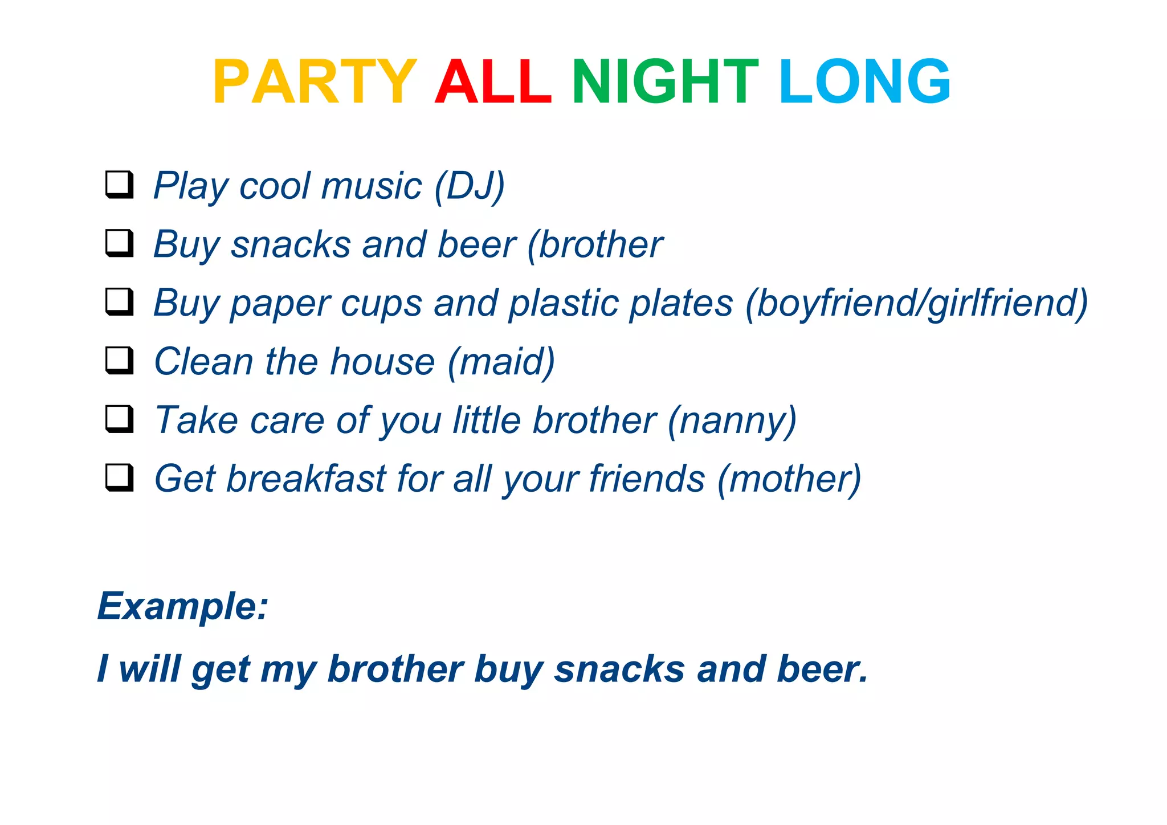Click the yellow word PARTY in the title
315,83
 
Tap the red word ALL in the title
493,83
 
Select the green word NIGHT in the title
665,83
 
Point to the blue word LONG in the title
864,83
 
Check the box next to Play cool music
120,185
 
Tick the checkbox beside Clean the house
120,361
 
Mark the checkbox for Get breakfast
120,477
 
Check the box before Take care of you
120,419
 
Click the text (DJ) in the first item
470,186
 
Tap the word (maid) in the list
501,362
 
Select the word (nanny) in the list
732,421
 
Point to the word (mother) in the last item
789,479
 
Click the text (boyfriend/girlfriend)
917,304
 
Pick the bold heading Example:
183,606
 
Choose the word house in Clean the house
383,362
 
